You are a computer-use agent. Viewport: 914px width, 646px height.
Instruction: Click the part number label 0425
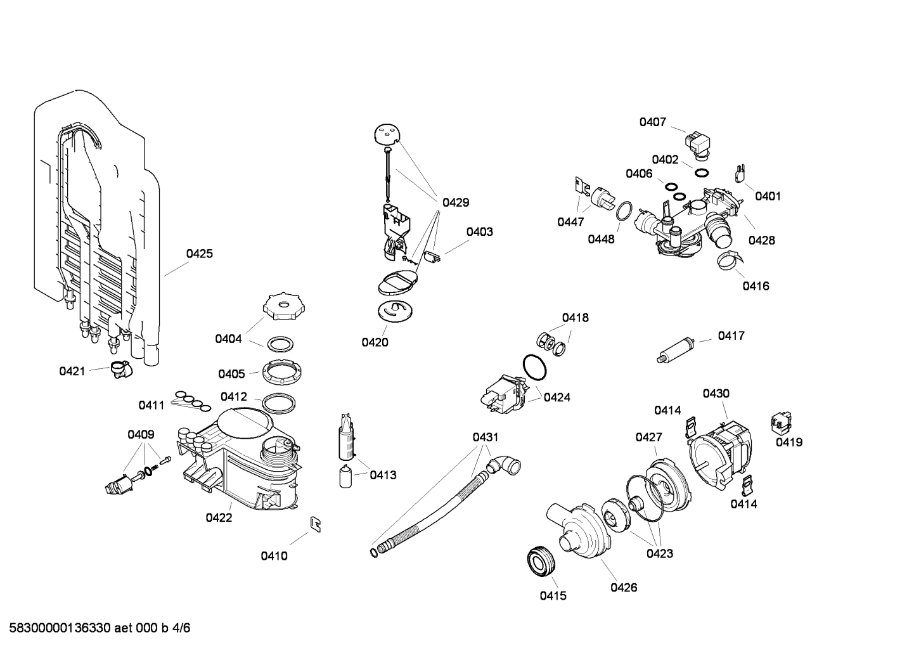[x=199, y=254]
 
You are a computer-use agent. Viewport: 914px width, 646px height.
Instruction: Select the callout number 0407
[x=652, y=122]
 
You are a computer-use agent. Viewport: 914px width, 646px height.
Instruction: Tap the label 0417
[x=731, y=335]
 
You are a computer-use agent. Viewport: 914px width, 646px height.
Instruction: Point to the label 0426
[x=624, y=587]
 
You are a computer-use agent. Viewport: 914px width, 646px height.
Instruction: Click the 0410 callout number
[x=274, y=556]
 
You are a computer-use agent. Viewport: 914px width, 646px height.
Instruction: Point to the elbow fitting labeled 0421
[x=119, y=368]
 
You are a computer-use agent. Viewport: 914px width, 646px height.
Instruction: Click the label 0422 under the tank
[x=219, y=517]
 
